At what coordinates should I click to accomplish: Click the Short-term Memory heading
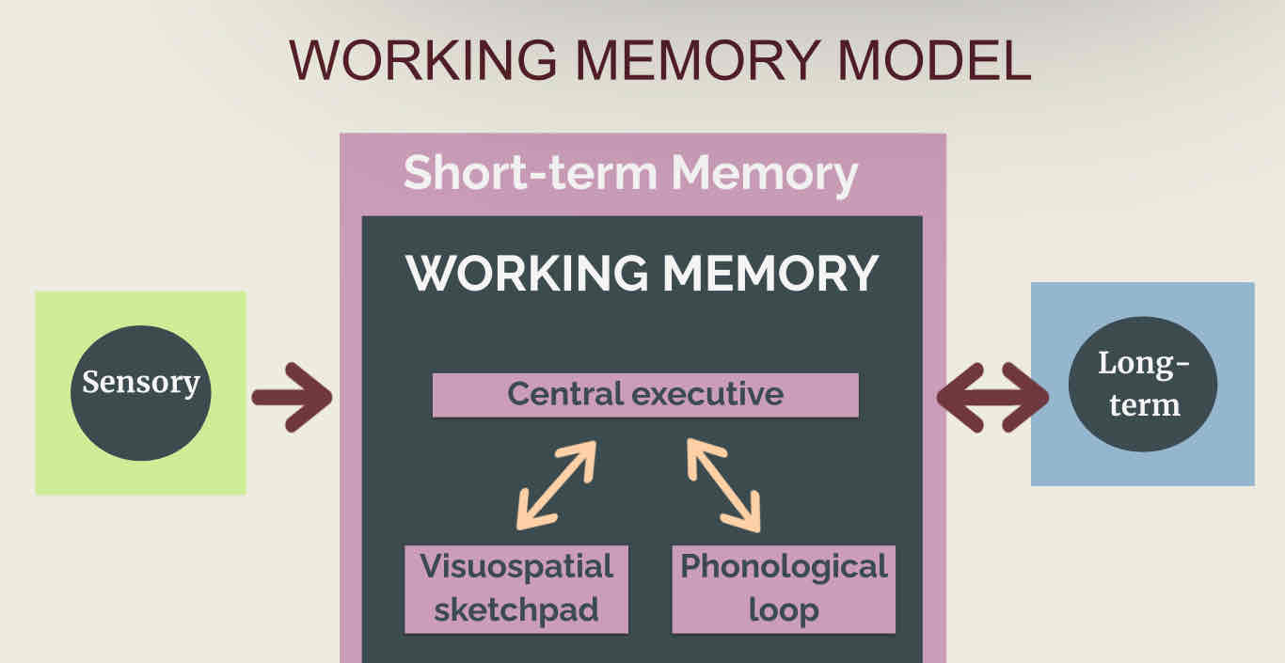click(x=630, y=173)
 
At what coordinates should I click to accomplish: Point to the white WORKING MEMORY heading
click(x=642, y=272)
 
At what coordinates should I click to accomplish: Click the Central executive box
click(x=645, y=394)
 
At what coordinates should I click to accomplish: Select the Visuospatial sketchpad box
click(x=516, y=589)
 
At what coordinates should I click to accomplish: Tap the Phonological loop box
click(x=784, y=589)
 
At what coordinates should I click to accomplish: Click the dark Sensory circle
click(x=141, y=393)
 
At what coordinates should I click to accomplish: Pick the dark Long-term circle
click(x=1143, y=385)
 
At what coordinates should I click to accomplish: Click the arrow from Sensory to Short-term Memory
click(x=293, y=397)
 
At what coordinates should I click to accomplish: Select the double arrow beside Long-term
click(x=992, y=397)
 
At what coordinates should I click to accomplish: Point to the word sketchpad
click(x=516, y=609)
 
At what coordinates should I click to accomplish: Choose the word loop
click(x=784, y=609)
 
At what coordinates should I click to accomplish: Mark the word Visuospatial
click(x=516, y=566)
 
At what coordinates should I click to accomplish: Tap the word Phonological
click(x=784, y=566)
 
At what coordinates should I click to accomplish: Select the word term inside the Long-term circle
click(x=1144, y=405)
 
